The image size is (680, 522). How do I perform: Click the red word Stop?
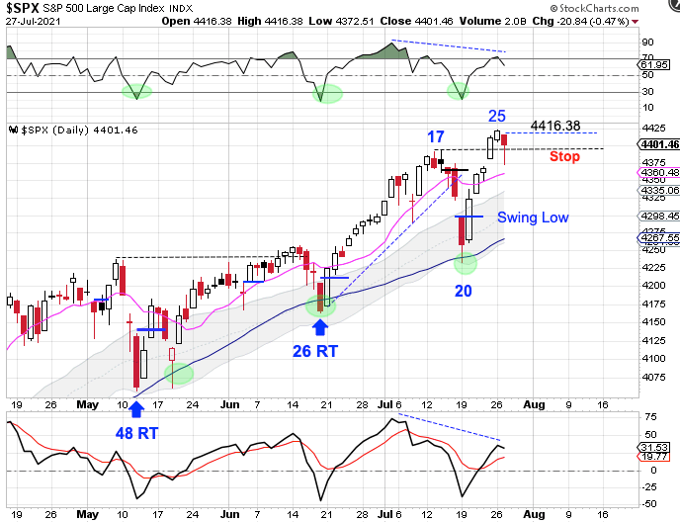click(564, 156)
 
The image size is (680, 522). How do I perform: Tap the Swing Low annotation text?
click(533, 217)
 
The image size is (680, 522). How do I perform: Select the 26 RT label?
click(318, 349)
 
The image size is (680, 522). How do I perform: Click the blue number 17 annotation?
click(436, 136)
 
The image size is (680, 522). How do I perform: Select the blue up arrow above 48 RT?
click(136, 407)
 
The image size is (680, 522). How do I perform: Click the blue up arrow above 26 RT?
click(320, 324)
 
